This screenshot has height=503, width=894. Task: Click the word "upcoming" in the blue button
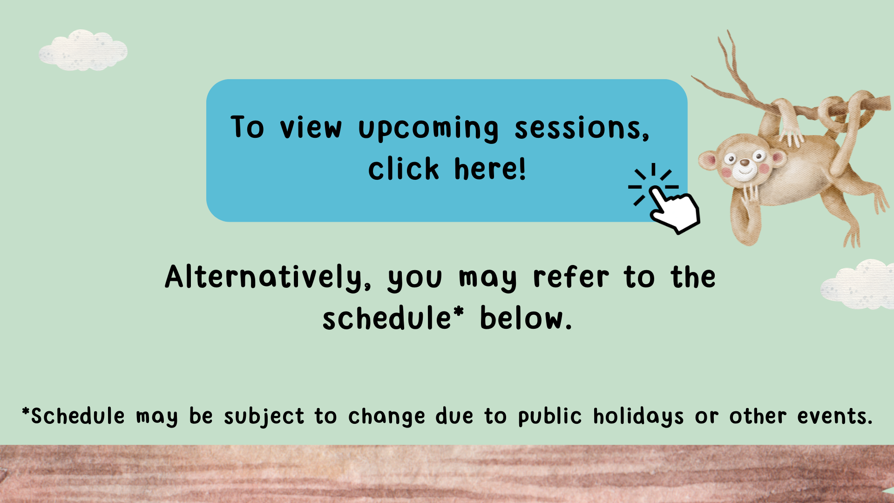pyautogui.click(x=428, y=129)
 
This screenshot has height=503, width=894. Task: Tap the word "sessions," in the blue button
pyautogui.click(x=582, y=127)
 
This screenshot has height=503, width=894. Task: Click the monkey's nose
pyautogui.click(x=745, y=163)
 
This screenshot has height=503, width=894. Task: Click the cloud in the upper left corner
pyautogui.click(x=83, y=50)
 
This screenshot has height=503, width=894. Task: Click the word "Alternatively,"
pyautogui.click(x=268, y=278)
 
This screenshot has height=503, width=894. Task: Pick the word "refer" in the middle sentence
pyautogui.click(x=571, y=278)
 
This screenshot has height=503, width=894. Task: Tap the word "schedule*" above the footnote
pyautogui.click(x=393, y=318)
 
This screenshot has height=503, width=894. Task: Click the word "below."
pyautogui.click(x=526, y=318)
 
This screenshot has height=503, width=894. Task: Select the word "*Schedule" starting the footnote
pyautogui.click(x=74, y=416)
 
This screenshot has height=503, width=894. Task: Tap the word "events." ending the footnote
pyautogui.click(x=835, y=416)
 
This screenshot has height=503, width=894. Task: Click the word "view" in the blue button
pyautogui.click(x=311, y=128)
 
